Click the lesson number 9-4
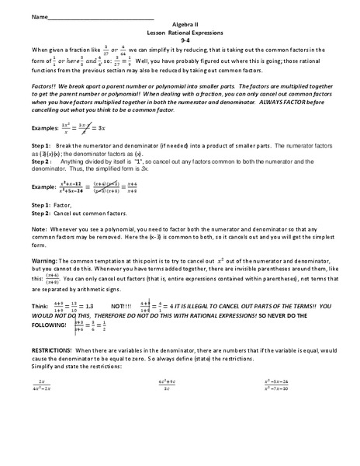click(x=180, y=42)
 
